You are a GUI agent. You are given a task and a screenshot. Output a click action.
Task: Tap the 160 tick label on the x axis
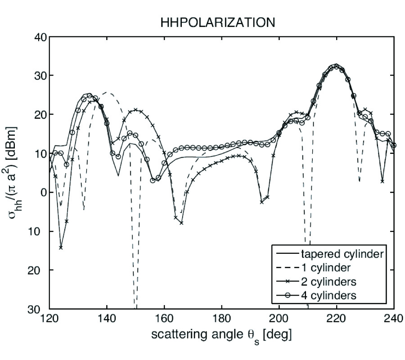coord(164,320)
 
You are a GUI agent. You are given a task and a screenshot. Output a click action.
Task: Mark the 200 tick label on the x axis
coord(279,320)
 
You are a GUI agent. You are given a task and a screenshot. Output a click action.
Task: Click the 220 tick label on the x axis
coord(337,320)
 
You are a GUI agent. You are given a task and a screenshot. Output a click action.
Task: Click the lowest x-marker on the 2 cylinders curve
coord(61,247)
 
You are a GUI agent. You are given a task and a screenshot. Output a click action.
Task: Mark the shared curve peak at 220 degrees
coord(336,66)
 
